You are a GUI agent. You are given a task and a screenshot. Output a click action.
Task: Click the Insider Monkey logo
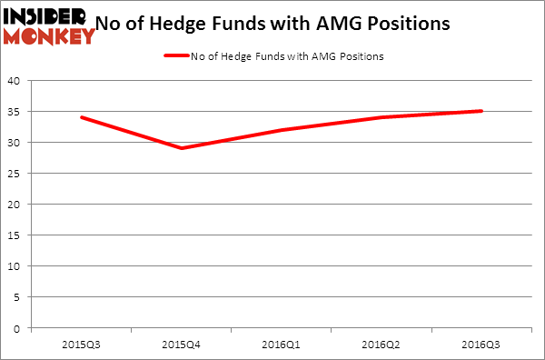(50, 25)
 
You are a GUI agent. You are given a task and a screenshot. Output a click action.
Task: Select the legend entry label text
(286, 56)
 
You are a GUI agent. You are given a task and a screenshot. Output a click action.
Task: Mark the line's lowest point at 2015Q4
(182, 148)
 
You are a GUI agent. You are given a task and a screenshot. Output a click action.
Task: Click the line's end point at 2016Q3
(481, 111)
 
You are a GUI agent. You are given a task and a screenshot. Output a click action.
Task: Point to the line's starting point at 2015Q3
(81, 117)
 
